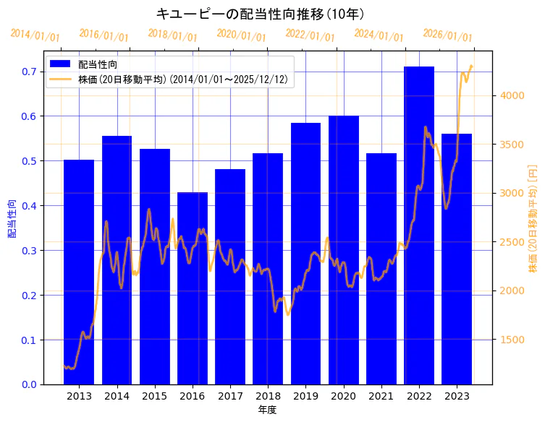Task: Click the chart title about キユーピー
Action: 260,14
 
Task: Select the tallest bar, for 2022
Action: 419,224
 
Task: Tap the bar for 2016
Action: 193,289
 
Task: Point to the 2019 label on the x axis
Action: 305,396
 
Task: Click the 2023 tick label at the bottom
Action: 457,396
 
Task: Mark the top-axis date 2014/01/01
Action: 35,35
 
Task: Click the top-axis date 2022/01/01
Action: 310,35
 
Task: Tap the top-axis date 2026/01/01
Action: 447,35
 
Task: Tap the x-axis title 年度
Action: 268,410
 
